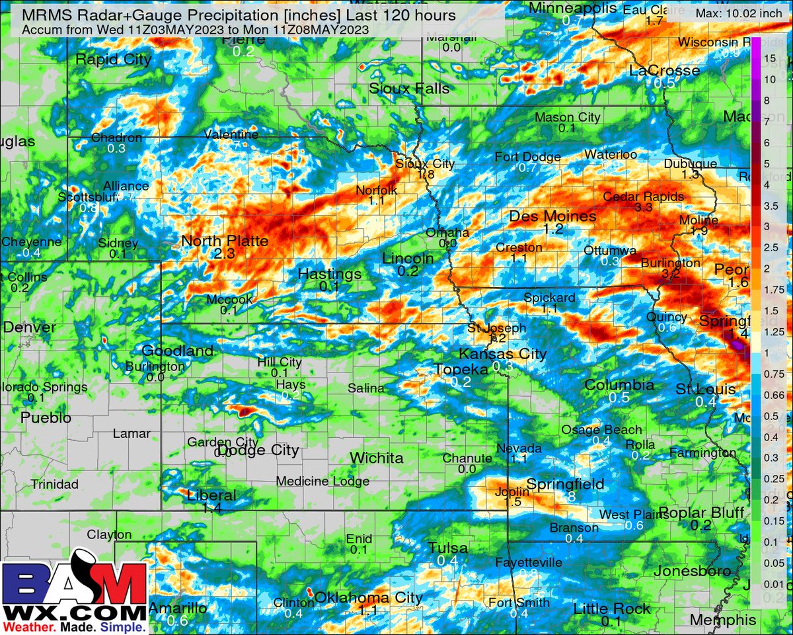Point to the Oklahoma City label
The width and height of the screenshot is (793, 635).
368,598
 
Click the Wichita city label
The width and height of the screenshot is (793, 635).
377,458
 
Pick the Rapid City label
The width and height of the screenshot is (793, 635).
114,60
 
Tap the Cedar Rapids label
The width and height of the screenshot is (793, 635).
643,196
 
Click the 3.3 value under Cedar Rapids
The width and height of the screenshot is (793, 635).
643,208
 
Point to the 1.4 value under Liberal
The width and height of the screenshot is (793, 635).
211,508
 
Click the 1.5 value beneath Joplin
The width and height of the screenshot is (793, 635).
513,502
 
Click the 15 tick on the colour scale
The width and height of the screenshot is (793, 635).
770,58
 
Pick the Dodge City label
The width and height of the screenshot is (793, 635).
258,450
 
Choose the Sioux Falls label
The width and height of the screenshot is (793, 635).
409,89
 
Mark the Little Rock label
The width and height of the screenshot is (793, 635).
607,609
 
